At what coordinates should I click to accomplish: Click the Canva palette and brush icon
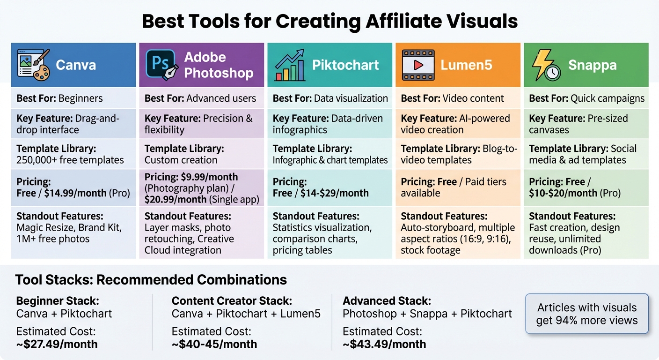pos(33,64)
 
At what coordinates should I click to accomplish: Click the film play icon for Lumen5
pos(418,65)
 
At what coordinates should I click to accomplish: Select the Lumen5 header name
pos(466,65)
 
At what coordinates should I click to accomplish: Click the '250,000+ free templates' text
pos(70,160)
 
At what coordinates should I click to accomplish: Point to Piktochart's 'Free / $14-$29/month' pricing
pos(321,193)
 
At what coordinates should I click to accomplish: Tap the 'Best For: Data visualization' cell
pos(330,98)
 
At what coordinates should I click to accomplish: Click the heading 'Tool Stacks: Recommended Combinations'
pos(151,280)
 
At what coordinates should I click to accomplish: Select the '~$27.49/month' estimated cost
pos(57,344)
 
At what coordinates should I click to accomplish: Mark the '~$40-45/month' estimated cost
pos(214,344)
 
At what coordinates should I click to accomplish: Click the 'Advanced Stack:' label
pos(387,300)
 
